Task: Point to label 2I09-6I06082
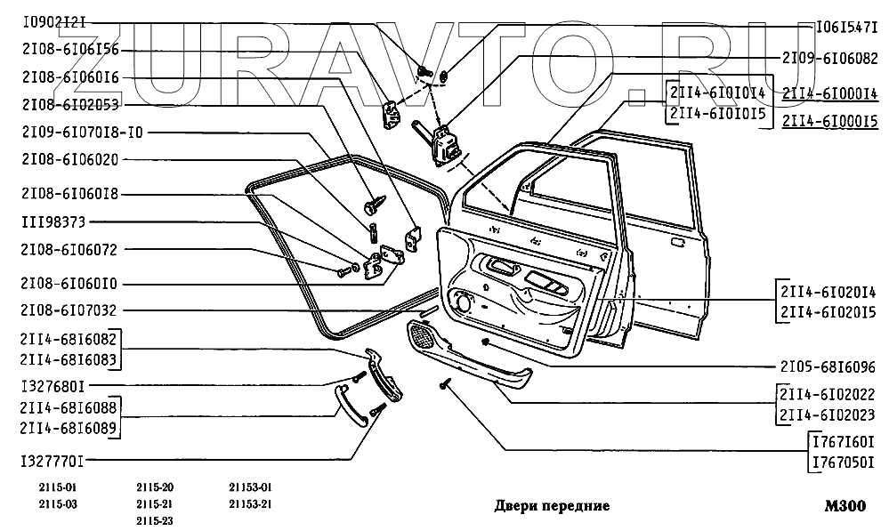pos(829,56)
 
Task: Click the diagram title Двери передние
pos(551,506)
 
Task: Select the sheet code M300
pos(844,506)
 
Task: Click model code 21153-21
pos(251,503)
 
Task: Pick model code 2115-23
pos(156,520)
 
